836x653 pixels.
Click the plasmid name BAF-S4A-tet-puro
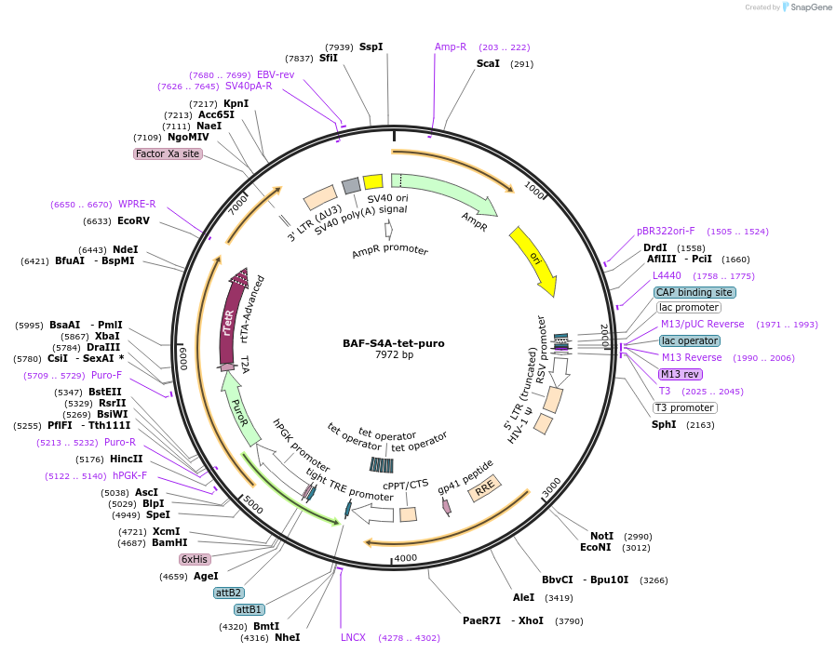[x=393, y=343]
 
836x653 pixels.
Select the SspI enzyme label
[x=371, y=47]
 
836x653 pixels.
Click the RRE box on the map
[x=485, y=488]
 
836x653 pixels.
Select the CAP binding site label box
[x=694, y=292]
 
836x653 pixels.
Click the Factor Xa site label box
[x=168, y=153]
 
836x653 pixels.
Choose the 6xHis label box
[x=195, y=559]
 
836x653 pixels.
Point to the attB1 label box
[x=249, y=609]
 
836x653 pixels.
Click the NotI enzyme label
[x=602, y=536]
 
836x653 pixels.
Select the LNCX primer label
[x=353, y=637]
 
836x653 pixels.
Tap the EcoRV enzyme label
[x=133, y=220]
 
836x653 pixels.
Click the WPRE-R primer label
[x=137, y=204]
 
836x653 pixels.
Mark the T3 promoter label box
[x=685, y=407]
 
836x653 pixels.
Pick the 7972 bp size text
[x=393, y=355]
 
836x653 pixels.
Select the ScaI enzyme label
[x=488, y=63]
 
